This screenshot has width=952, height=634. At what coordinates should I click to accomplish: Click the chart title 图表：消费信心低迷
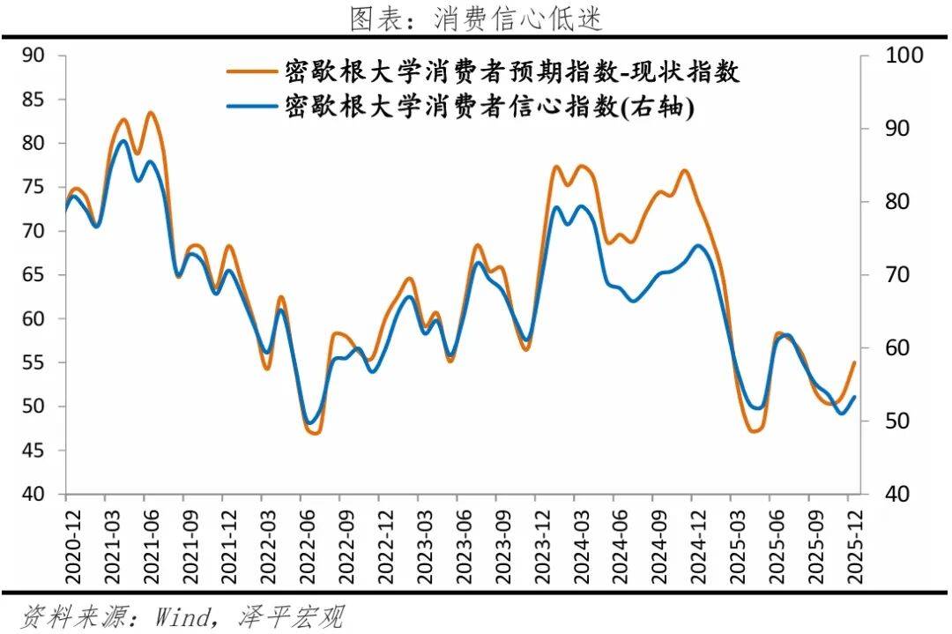pyautogui.click(x=476, y=19)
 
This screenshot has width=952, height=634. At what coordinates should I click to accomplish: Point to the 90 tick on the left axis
pyautogui.click(x=33, y=56)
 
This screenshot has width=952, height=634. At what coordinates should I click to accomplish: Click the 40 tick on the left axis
pyautogui.click(x=33, y=495)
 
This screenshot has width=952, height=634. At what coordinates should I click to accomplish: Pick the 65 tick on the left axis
pyautogui.click(x=33, y=275)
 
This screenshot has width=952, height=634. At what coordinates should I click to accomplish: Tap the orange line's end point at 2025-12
pyautogui.click(x=853, y=362)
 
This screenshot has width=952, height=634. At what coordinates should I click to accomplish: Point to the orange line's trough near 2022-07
pyautogui.click(x=315, y=433)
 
